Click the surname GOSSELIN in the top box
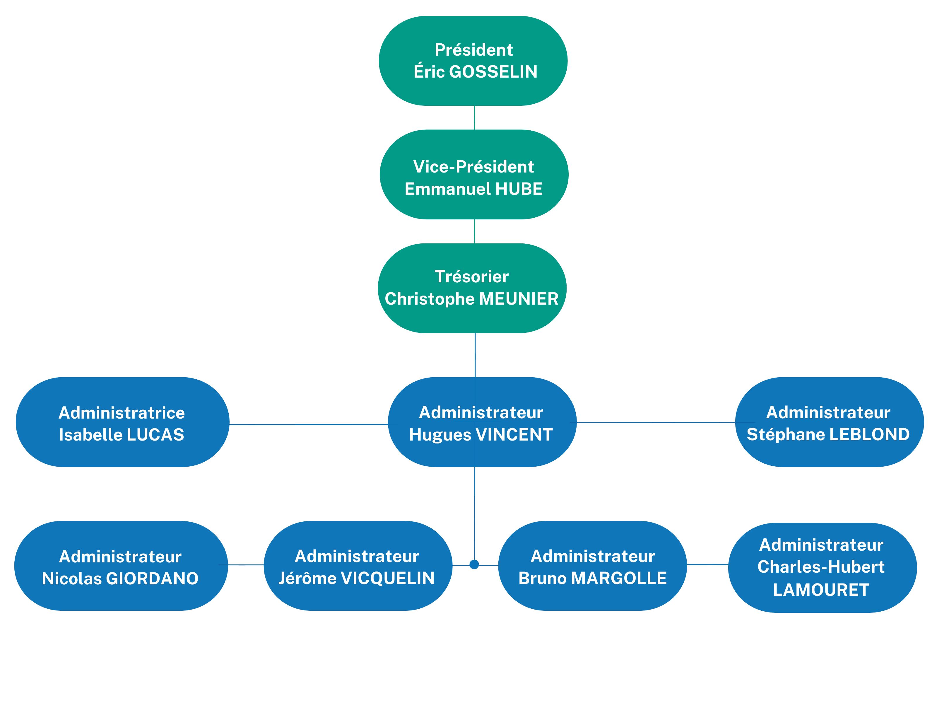tap(493, 71)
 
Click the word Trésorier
tap(471, 277)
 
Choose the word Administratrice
tap(122, 413)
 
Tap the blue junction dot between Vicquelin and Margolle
tap(474, 564)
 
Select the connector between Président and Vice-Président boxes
tap(474, 117)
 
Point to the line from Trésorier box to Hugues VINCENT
tap(475, 355)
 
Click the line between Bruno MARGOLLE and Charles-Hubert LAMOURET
tap(707, 564)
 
